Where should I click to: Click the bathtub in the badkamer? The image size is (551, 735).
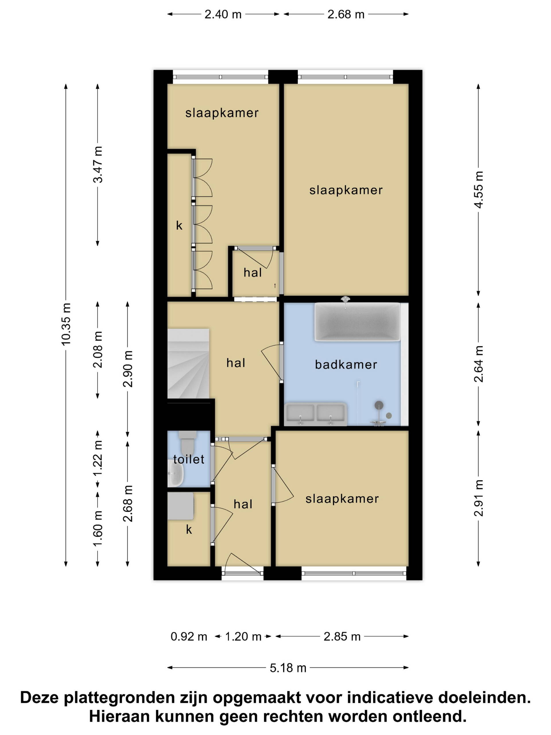click(357, 322)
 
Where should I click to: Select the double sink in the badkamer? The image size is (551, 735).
click(315, 414)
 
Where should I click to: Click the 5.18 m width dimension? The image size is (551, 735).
click(288, 668)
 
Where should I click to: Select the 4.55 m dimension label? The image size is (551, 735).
click(478, 190)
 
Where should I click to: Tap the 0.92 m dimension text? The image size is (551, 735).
click(189, 637)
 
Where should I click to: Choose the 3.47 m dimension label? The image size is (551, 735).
click(98, 165)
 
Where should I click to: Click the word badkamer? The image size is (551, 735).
click(346, 365)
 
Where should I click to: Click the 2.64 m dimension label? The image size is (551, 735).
click(478, 364)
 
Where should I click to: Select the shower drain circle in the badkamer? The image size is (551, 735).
click(389, 416)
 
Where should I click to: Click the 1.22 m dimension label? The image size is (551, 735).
click(98, 458)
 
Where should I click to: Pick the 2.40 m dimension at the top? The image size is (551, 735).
click(223, 14)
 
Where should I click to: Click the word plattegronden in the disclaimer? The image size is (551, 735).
click(119, 697)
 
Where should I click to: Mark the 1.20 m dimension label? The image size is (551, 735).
click(243, 637)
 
